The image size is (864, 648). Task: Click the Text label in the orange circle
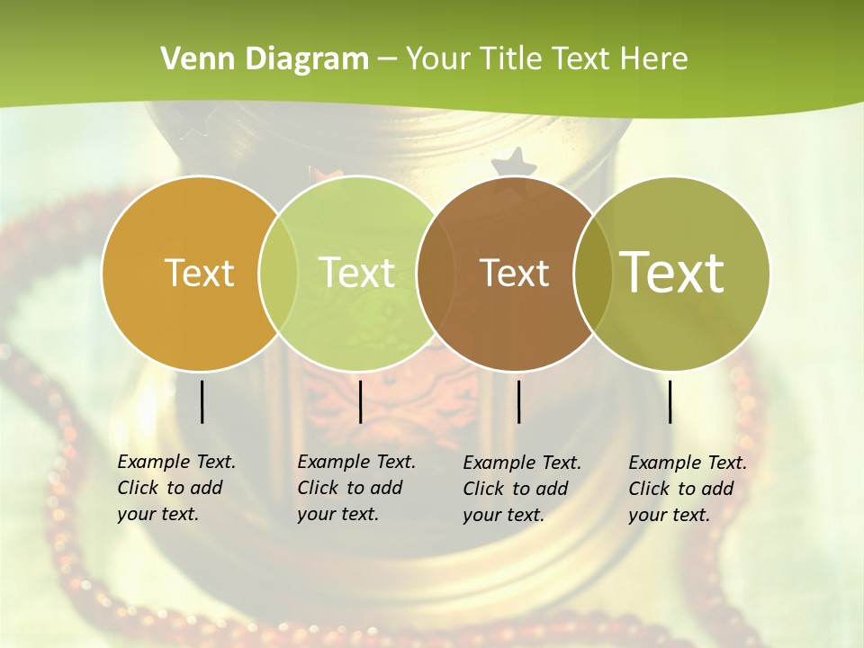point(199,273)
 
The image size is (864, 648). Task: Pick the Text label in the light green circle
point(357,273)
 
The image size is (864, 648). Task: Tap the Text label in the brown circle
point(514,273)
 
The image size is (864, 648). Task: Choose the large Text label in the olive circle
point(672,273)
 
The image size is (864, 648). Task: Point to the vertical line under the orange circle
point(202,401)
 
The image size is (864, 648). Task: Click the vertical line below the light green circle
point(361,401)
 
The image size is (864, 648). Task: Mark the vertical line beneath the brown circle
point(519,401)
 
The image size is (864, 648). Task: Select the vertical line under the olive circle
point(670,401)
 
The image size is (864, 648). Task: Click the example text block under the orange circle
point(175,488)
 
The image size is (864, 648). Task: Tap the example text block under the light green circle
point(355,488)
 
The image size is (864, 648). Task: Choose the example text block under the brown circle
point(521,489)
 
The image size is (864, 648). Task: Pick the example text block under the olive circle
point(687,489)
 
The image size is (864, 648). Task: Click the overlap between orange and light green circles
point(278,273)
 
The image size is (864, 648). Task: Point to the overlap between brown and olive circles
point(593,273)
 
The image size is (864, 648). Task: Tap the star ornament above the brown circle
point(514,164)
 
